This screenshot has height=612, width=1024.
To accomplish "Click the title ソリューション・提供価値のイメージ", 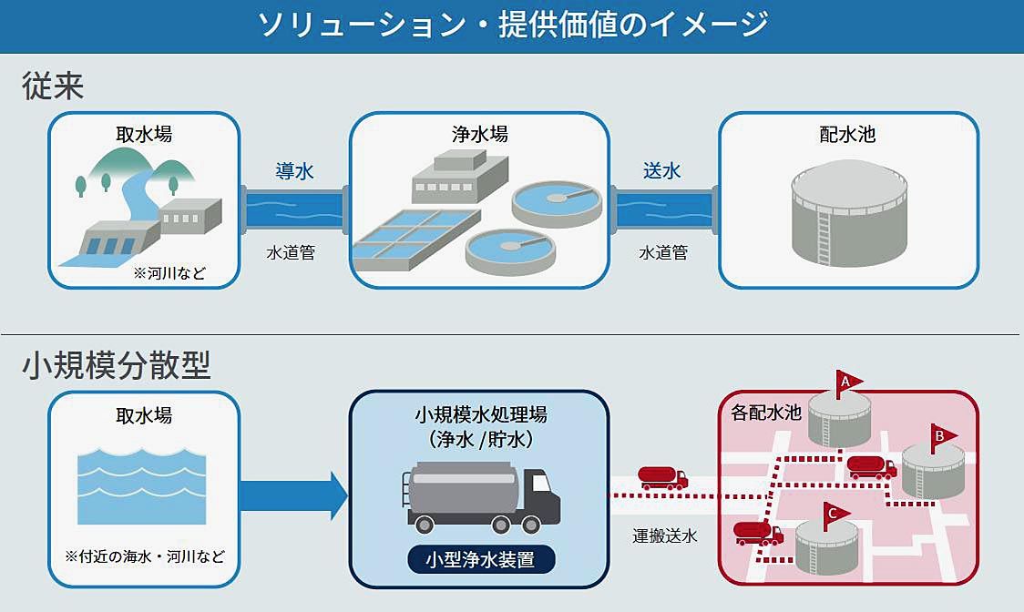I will click(512, 25).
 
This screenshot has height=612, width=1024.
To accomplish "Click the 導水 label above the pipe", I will click(294, 170).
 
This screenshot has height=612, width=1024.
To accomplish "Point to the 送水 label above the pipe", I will click(662, 170).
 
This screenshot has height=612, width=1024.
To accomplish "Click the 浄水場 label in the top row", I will click(479, 135).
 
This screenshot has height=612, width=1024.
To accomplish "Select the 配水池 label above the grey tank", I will click(847, 135).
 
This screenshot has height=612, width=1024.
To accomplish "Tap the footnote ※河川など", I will click(170, 271).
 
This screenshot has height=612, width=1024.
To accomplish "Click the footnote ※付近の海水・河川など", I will click(144, 556).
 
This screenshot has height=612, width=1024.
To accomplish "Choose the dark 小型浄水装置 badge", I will click(480, 559).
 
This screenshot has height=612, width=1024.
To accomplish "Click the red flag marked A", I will click(847, 382).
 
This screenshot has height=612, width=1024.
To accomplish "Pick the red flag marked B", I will click(942, 435).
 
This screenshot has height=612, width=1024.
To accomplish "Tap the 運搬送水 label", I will click(665, 536).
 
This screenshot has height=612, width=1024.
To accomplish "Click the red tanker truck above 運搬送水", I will click(662, 478).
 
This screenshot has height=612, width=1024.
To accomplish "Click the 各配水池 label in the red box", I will click(766, 413).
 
